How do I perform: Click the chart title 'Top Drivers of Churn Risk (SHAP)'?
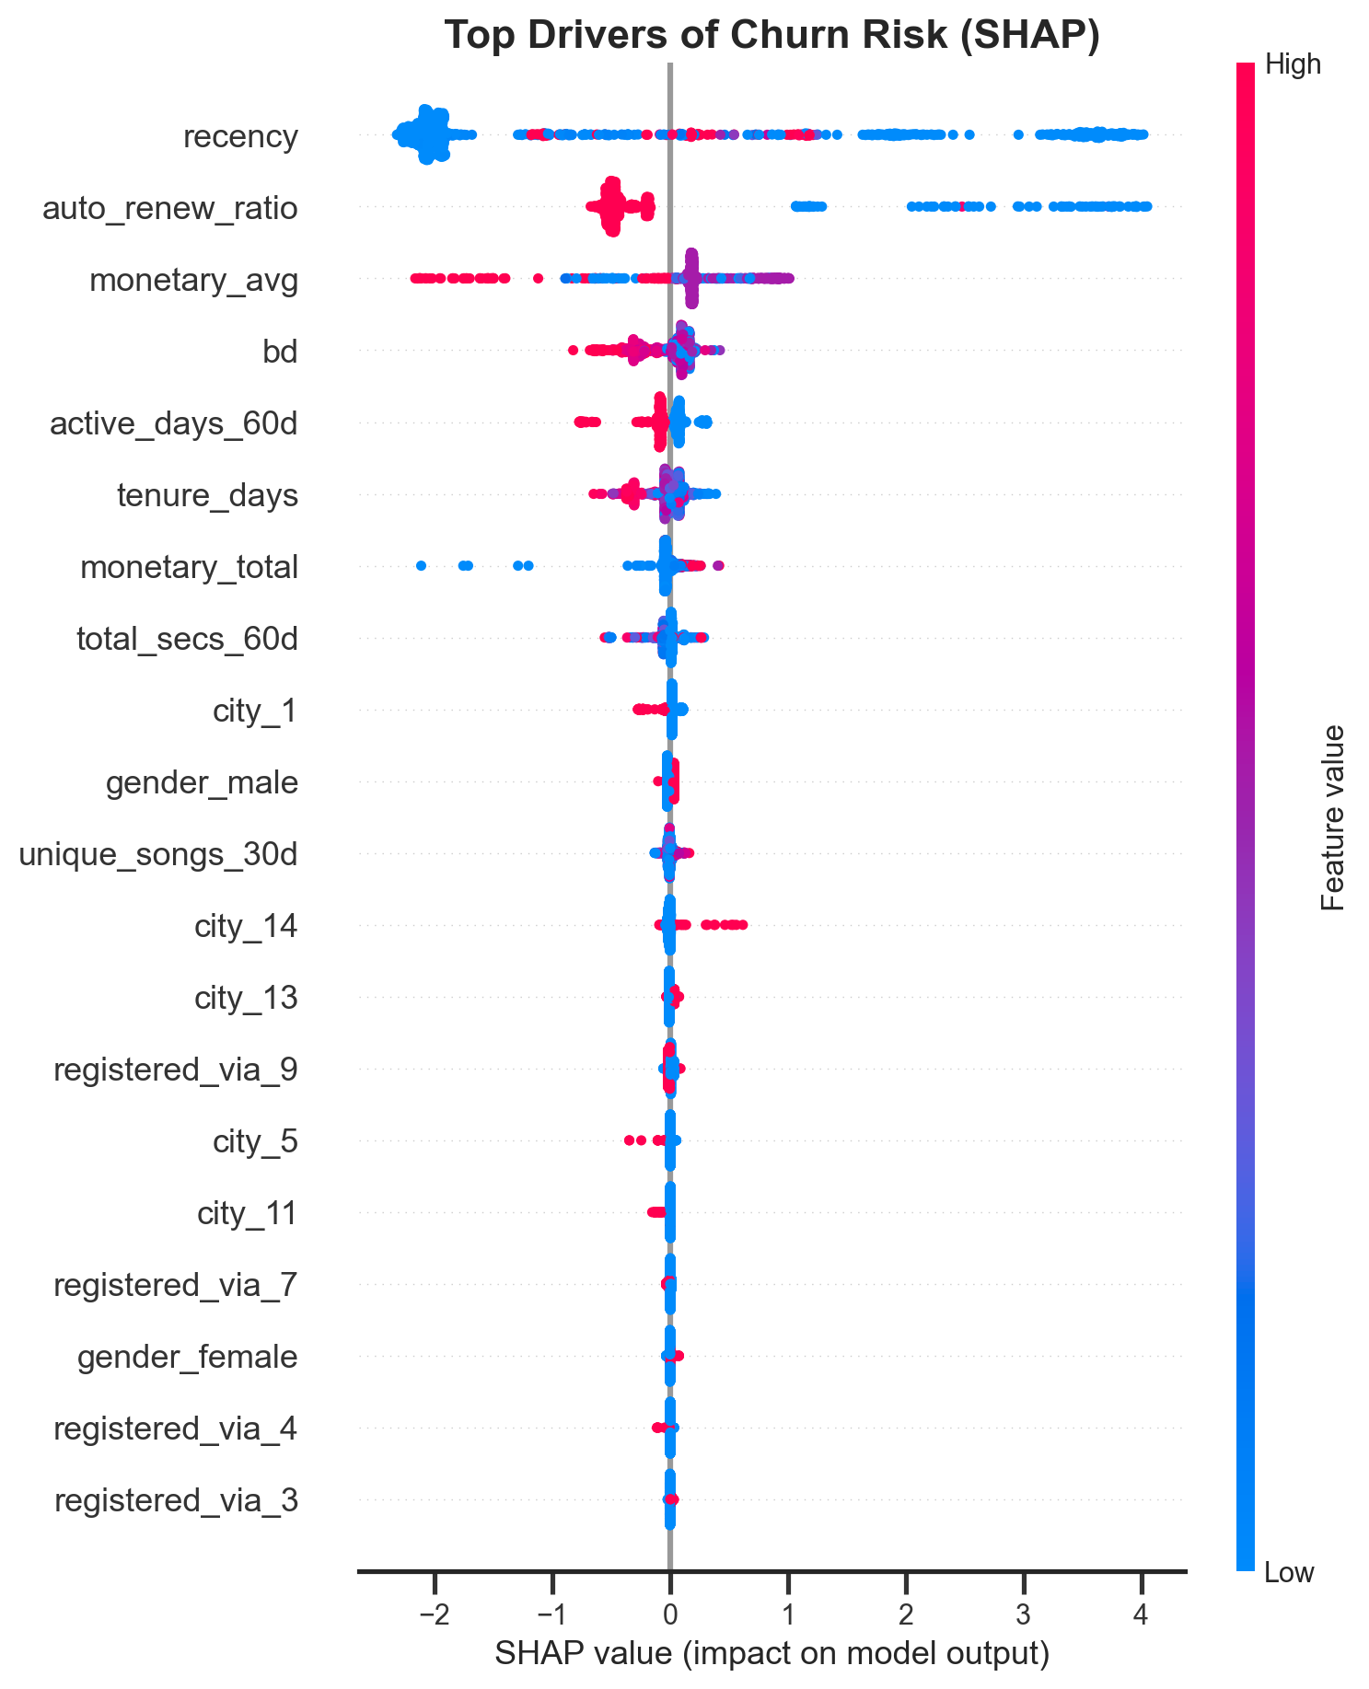772,36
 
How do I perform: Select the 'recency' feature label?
241,137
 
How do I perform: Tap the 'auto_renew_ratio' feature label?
170,209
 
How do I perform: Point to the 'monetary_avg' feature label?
194,281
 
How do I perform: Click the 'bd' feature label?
281,352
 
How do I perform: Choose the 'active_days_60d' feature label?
174,424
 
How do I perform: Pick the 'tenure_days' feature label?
208,496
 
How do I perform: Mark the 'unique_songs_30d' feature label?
159,855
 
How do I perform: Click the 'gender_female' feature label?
188,1358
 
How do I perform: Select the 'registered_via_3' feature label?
177,1501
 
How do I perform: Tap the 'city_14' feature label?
247,927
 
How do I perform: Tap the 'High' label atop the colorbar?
1293,64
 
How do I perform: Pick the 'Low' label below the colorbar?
1290,1573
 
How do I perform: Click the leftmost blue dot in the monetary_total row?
422,565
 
